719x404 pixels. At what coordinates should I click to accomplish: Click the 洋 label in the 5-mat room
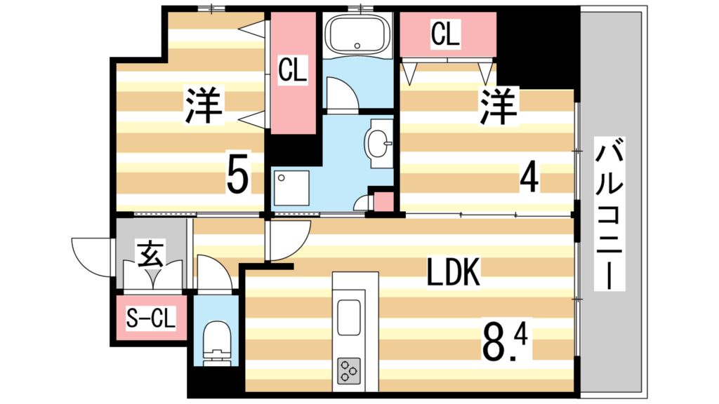click(204, 106)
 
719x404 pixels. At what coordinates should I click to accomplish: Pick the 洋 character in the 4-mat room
click(499, 106)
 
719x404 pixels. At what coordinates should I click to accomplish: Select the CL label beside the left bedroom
click(292, 70)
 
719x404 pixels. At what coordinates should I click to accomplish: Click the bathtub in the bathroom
click(358, 34)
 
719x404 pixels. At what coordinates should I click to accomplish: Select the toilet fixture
click(216, 339)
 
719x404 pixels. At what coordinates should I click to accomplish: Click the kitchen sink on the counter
click(349, 317)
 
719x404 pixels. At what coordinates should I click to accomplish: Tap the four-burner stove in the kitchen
click(349, 369)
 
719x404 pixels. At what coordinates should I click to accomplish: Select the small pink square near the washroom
click(383, 201)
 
